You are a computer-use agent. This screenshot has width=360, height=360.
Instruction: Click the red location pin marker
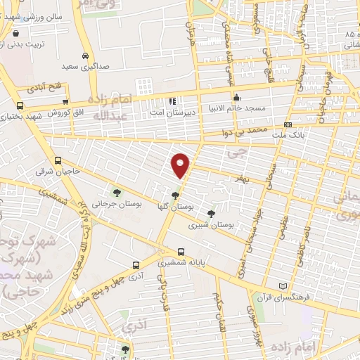(x=181, y=165)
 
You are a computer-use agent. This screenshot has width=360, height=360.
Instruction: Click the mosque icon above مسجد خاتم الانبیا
(x=237, y=98)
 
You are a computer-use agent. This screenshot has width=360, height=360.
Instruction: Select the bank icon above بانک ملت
(x=287, y=124)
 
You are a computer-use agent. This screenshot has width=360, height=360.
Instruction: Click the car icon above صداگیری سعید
(x=85, y=56)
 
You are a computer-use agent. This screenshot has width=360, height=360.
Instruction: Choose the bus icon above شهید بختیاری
(x=19, y=106)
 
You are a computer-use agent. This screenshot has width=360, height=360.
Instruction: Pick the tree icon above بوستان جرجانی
(x=116, y=192)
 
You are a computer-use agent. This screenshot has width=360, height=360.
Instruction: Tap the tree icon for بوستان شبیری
(x=210, y=214)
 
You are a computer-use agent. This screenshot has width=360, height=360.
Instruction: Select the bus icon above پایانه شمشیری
(x=181, y=251)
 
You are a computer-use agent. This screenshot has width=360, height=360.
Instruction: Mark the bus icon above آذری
(x=136, y=266)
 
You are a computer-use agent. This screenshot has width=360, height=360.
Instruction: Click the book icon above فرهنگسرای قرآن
(x=282, y=286)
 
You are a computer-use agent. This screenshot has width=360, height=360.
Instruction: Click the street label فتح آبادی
(x=44, y=89)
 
